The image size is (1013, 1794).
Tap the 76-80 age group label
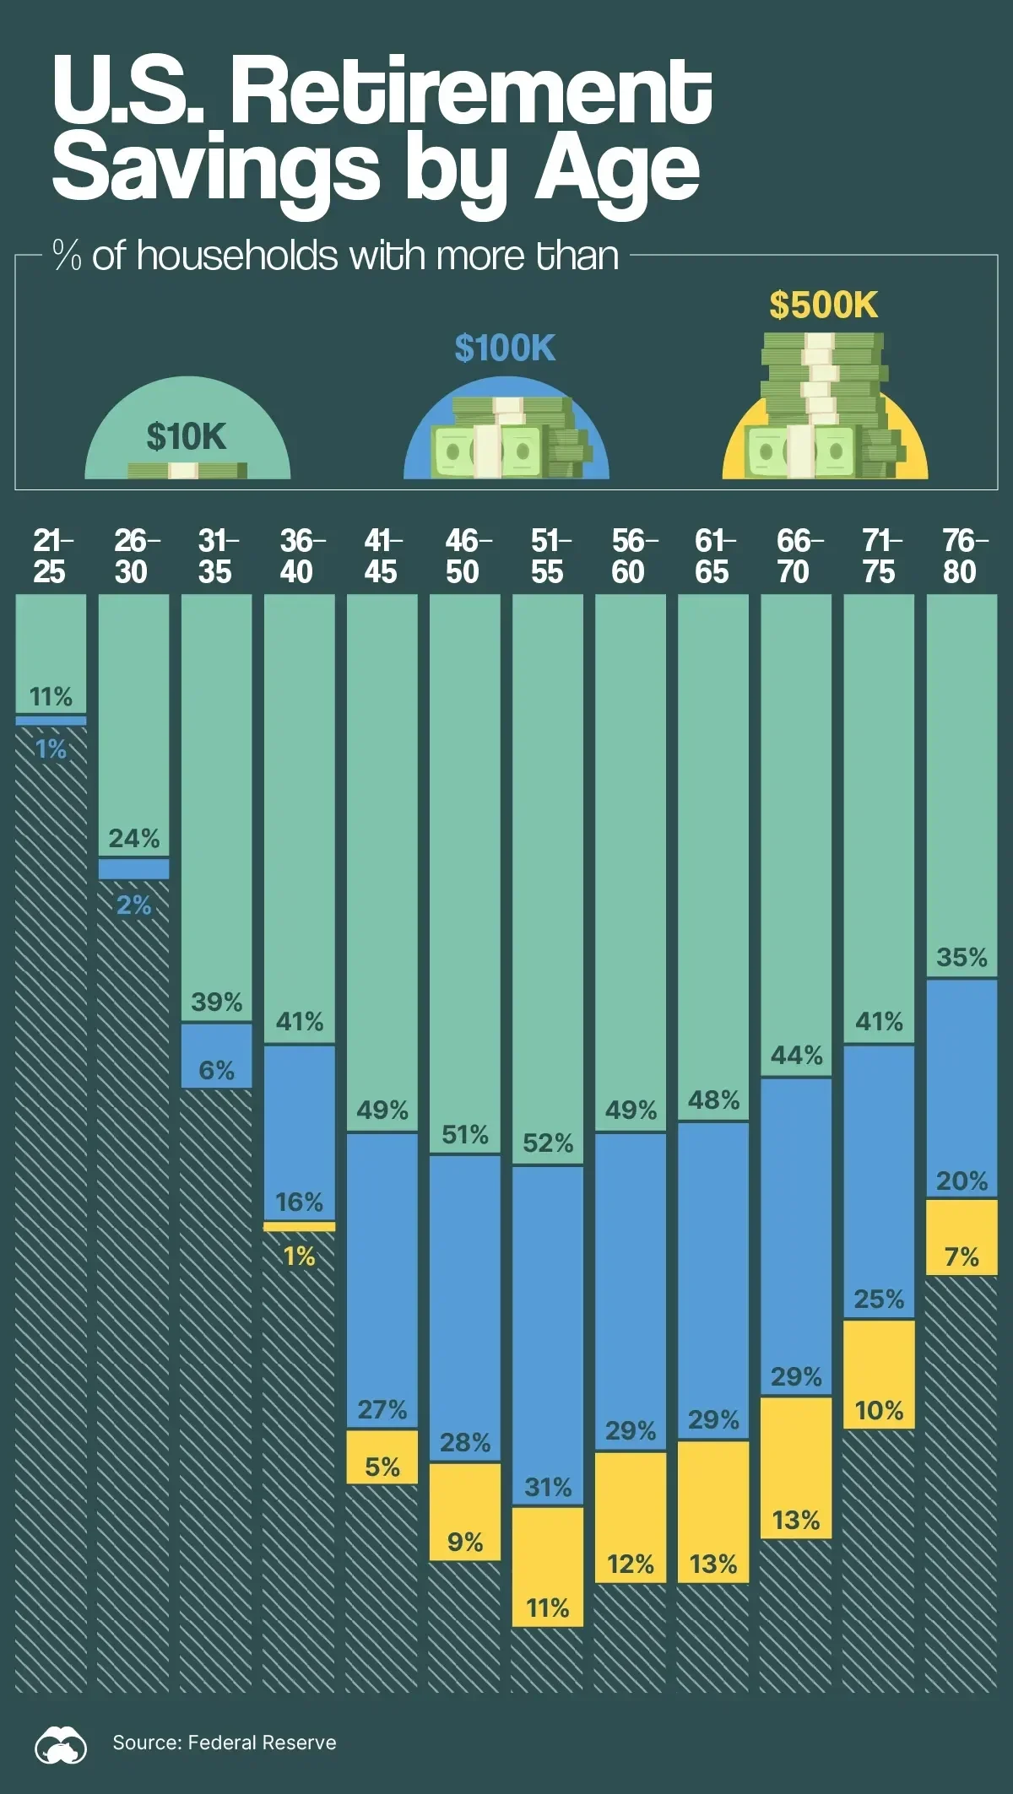click(962, 556)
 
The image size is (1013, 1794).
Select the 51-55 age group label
click(549, 556)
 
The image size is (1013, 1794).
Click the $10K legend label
click(187, 436)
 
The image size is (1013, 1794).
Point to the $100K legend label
click(505, 348)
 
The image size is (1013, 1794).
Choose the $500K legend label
click(823, 305)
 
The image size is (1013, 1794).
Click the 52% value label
click(548, 1143)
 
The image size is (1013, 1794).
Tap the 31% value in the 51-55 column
click(548, 1487)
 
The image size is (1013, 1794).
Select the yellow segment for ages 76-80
click(962, 1237)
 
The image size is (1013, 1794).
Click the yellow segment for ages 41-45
click(382, 1456)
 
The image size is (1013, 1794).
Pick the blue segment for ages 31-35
click(216, 1056)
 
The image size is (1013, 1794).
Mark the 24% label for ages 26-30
click(133, 838)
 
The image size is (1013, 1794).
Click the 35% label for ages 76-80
click(962, 958)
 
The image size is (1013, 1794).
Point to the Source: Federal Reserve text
click(225, 1743)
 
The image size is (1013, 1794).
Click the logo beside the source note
click(61, 1743)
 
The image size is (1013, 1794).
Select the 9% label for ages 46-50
click(465, 1543)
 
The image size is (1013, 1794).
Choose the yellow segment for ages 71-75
click(879, 1374)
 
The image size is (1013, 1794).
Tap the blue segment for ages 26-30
click(133, 869)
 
